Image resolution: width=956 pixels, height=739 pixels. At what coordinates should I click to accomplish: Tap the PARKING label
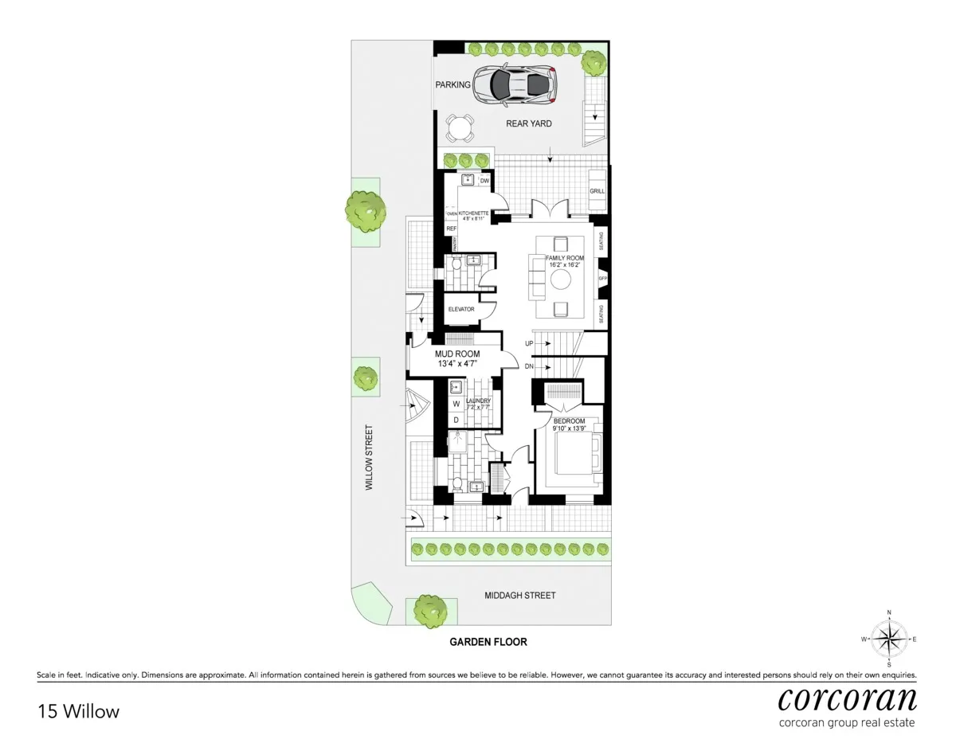453,85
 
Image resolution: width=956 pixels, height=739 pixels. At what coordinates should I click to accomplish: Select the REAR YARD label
528,123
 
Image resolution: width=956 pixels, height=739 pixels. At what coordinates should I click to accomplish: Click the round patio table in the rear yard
460,128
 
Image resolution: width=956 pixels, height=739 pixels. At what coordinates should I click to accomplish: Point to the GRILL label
597,192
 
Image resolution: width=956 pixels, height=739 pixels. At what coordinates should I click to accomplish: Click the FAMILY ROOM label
565,259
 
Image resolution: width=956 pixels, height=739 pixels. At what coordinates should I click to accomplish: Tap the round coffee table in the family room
561,280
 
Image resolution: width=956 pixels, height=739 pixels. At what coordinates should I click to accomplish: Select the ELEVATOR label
461,309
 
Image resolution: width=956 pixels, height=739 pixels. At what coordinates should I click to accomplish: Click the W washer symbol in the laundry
456,404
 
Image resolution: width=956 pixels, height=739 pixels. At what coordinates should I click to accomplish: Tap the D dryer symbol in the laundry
456,419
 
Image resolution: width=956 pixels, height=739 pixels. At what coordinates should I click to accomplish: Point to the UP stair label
529,343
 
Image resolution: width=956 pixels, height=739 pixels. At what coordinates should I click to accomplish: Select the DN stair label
529,366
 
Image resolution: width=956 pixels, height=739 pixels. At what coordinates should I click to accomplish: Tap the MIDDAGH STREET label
520,595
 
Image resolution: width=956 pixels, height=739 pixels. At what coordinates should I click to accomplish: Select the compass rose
889,639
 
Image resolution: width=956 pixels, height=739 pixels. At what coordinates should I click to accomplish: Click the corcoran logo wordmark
847,699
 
